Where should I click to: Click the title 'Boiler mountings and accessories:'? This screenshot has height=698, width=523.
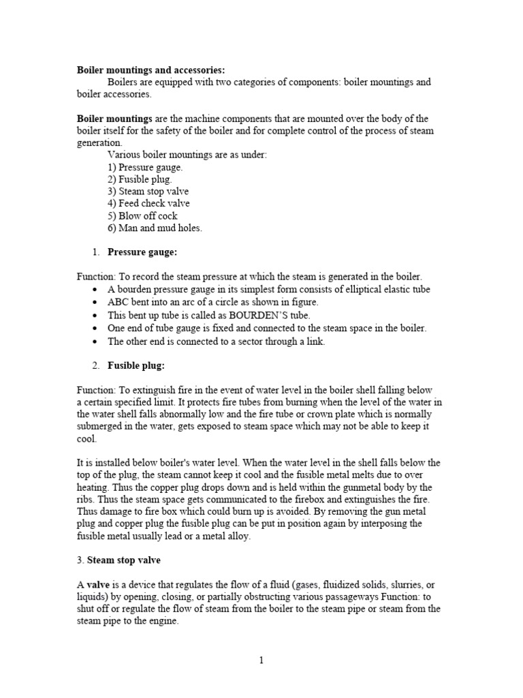(150, 70)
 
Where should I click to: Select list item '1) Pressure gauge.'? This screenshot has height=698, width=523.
(145, 167)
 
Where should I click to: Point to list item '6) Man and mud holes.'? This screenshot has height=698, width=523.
(155, 228)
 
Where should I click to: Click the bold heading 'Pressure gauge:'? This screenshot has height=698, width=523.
(142, 252)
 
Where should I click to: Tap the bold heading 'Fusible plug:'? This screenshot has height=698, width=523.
(136, 365)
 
